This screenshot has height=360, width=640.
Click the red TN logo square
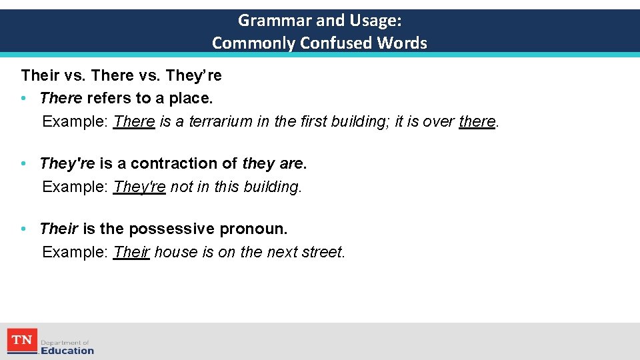tap(22, 341)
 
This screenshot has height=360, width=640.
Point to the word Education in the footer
tap(67, 350)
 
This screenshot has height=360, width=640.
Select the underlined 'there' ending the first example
tap(477, 121)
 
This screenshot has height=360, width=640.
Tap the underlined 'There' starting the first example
tap(134, 121)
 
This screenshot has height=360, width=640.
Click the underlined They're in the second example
tap(139, 187)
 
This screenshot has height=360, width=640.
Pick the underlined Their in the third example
tap(131, 252)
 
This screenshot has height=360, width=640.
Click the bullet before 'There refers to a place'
tap(23, 99)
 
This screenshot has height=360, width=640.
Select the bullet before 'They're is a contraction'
tap(23, 163)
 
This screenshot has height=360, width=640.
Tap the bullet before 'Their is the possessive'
tap(23, 229)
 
